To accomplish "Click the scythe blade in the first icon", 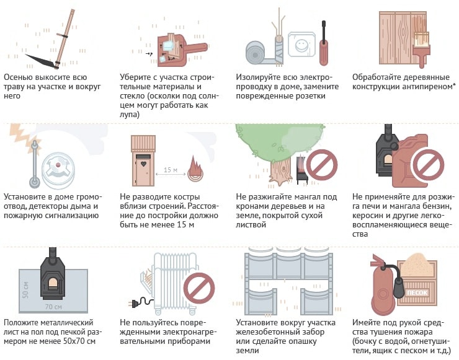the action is (x=40, y=61).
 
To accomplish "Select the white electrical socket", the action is (x=301, y=45).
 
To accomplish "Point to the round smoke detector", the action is (x=58, y=170).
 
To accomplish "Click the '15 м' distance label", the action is (x=171, y=170).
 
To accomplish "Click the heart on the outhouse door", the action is (x=143, y=164).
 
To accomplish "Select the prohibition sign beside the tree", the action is (x=321, y=165).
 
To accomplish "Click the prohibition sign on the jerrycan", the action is (x=428, y=165).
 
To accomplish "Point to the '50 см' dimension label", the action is (x=25, y=290).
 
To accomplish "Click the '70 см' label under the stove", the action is (x=53, y=307).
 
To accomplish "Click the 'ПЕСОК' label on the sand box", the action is (x=417, y=292).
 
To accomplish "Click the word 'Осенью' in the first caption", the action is (x=18, y=77).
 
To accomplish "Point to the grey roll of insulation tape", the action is (x=257, y=53).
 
